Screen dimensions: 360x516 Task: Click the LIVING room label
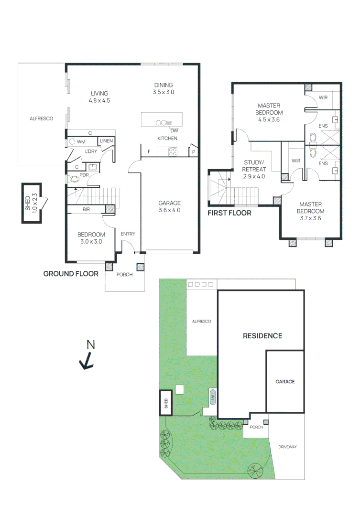coord(99,94)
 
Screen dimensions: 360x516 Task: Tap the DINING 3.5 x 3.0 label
coord(164,88)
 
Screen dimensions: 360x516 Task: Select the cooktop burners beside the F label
coord(173,152)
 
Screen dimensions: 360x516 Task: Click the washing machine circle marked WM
coord(72,142)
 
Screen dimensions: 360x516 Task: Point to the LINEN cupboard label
coord(106,141)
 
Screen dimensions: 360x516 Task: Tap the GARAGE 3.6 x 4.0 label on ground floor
coord(169,207)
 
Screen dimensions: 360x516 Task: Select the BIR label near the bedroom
coord(86,209)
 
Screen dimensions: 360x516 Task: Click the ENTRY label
coord(128,234)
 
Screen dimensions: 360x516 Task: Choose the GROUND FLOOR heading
coord(71,274)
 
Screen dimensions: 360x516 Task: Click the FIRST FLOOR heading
coord(229,213)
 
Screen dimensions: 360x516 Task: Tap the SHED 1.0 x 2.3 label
coord(31,203)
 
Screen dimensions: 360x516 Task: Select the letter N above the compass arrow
coord(90,344)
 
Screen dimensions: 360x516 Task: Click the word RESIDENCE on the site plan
coord(262,336)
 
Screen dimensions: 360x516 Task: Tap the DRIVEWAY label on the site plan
coord(287,447)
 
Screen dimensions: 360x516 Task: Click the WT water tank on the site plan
coord(212,397)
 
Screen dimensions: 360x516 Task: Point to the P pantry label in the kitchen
coord(193,152)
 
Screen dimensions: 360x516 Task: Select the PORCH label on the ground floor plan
coord(124,274)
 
